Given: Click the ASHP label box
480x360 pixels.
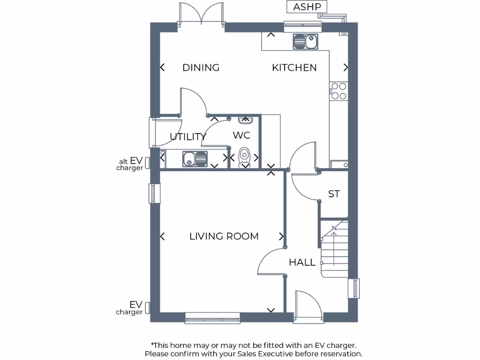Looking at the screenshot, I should tap(307, 7).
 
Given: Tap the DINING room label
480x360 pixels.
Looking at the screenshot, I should tap(201, 67).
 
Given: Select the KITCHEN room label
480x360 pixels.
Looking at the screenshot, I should tap(294, 67).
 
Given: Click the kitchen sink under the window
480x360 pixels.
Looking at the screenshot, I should tap(305, 42).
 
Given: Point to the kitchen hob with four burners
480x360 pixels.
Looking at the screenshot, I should tap(338, 91).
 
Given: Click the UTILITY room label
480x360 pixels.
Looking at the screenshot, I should tap(187, 137).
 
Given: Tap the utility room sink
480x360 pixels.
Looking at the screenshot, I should tap(194, 158).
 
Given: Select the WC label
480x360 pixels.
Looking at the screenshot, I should tap(241, 135).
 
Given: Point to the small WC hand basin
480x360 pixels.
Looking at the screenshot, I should tap(245, 120).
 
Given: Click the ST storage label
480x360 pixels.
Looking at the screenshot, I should tap(334, 194).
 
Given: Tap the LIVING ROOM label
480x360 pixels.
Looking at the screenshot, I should tap(224, 236).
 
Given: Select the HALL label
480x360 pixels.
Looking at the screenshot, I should tap(302, 262).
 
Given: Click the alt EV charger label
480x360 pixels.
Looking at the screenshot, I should tap(130, 164).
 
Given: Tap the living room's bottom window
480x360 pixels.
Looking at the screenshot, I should tap(212, 318).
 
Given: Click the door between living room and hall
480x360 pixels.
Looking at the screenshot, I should tap(271, 262).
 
